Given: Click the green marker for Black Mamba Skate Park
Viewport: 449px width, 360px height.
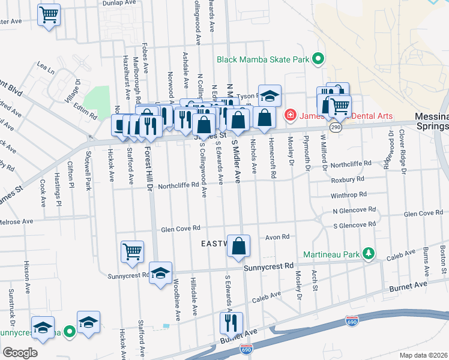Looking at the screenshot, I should pos(318,59).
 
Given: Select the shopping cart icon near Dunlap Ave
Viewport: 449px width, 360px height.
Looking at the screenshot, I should pos(49,14).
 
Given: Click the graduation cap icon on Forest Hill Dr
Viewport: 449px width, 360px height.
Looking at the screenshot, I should pos(160,273).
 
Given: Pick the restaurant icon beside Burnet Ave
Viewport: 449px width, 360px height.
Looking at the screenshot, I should pos(231,323).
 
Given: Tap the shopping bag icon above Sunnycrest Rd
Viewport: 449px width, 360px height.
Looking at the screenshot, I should pos(239,245).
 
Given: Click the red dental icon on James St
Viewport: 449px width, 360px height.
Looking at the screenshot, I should pos(289,114).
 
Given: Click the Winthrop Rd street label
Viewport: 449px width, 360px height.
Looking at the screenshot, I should pos(349,195).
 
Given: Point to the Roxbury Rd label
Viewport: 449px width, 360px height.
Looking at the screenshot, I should pos(348,179).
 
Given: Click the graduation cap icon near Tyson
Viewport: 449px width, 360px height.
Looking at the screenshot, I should pos(270,95).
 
